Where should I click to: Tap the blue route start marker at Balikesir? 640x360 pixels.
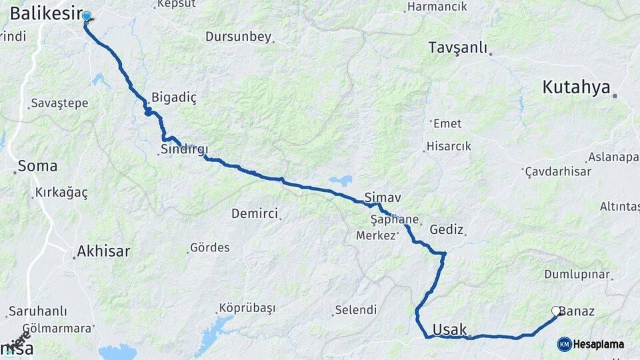click(x=86, y=16)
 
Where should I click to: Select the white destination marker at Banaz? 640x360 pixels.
click(x=555, y=311)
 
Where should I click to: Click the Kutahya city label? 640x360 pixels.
click(x=576, y=87)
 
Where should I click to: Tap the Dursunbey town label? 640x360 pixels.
click(x=238, y=37)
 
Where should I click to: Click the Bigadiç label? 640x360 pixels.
click(x=174, y=97)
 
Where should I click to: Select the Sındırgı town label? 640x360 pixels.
click(x=184, y=149)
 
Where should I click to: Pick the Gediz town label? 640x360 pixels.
click(x=447, y=229)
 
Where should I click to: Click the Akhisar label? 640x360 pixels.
click(x=103, y=251)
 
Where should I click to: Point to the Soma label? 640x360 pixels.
click(x=37, y=166)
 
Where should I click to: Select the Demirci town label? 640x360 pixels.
click(x=254, y=213)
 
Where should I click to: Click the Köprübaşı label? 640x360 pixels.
click(x=246, y=309)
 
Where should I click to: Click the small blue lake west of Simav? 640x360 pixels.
click(x=341, y=180)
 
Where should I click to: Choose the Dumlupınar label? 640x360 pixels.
click(x=577, y=275)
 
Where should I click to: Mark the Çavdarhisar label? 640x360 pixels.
click(x=558, y=171)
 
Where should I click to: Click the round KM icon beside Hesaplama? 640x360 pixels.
click(x=564, y=344)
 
